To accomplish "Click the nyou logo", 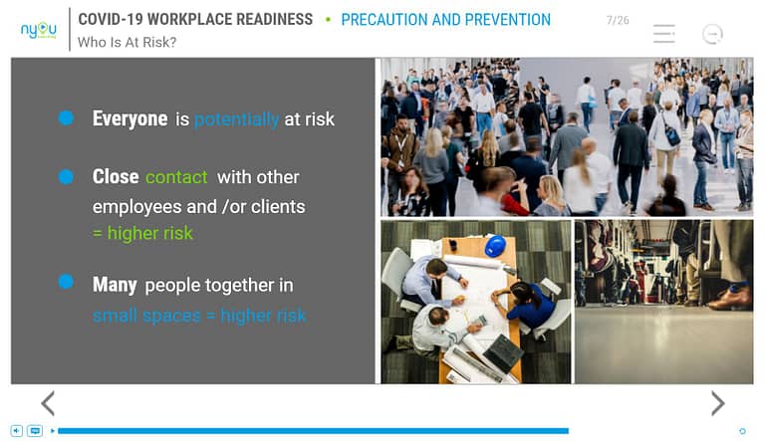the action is pos(39,30).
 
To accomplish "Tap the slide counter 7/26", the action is pos(618,21).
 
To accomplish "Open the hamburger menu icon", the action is pos(664,34).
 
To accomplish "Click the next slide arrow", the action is pos(717,403).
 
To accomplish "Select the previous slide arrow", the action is pos(48,403).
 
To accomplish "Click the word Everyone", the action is pos(129,118).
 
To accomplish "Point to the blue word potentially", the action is pos(237,119).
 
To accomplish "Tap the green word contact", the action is pos(176,177).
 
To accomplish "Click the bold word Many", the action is pos(115,285).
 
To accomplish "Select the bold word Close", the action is pos(116,176).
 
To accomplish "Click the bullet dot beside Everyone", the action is pos(66,117).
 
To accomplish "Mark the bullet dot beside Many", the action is pos(66,282).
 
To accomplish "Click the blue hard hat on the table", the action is pos(495,245).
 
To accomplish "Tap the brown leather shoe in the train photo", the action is pos(729,298).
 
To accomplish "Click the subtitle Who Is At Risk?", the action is pos(127,43).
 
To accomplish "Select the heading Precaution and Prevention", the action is pos(445,20).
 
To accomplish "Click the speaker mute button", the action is pos(17,431).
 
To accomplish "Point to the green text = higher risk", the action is pos(143,233).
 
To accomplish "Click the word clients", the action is pos(278,207).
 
